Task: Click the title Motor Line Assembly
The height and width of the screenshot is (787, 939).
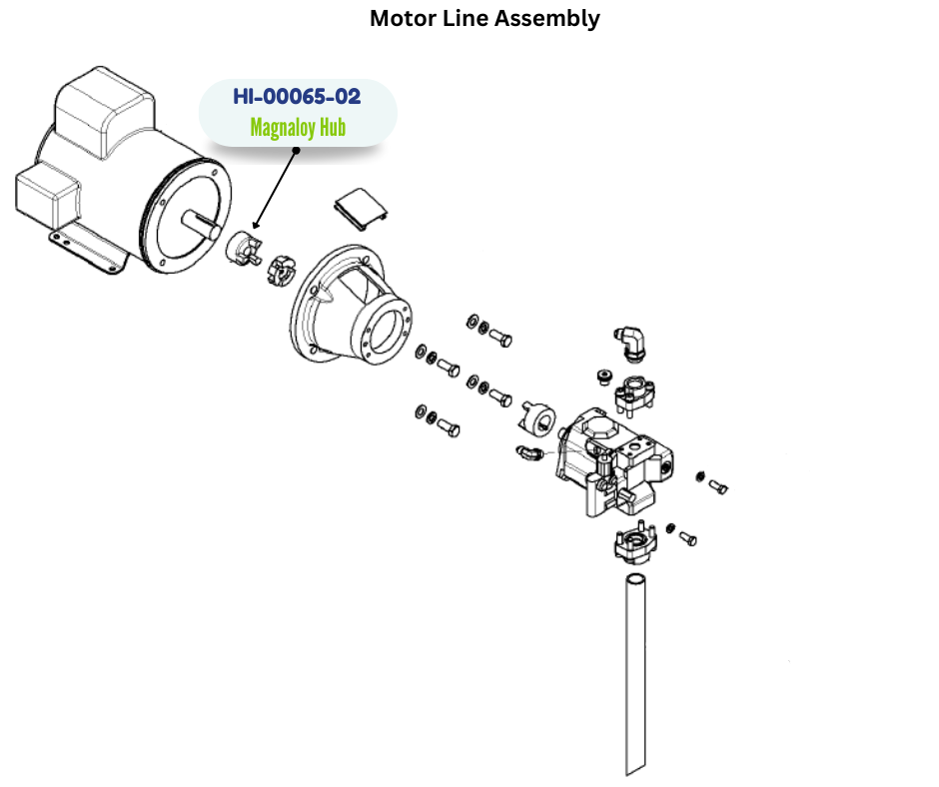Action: [484, 18]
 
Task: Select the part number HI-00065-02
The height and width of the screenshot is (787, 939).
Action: [297, 96]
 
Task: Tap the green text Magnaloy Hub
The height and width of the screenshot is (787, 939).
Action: [297, 128]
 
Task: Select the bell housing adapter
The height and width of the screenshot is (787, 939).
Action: [355, 305]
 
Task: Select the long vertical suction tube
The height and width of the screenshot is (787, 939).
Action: [636, 673]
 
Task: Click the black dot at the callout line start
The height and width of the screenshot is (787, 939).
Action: [296, 151]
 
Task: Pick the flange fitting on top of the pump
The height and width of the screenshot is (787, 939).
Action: [635, 393]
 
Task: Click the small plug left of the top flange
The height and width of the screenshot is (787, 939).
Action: [601, 376]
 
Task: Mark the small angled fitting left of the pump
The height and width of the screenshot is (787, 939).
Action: [529, 455]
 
